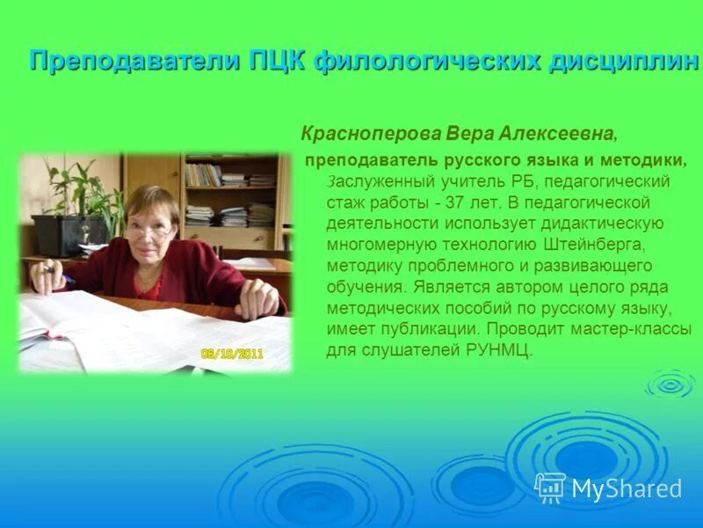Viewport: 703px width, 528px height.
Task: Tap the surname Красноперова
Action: coord(370,134)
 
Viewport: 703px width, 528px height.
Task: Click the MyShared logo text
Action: coord(627,488)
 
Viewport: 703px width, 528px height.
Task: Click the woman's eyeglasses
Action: coord(150,230)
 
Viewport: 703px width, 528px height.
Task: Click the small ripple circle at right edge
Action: coord(670,383)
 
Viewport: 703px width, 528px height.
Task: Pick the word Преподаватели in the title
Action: coord(123,61)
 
